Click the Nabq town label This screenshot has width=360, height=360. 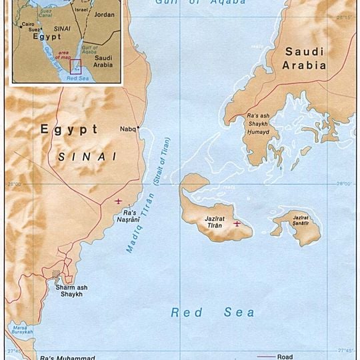[127, 129]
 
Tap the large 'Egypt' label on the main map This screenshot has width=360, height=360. [69, 129]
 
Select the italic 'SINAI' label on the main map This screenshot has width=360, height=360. [87, 157]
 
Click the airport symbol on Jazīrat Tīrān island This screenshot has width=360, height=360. [237, 223]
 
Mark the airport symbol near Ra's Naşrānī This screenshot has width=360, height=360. [119, 201]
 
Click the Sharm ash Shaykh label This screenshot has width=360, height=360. [71, 291]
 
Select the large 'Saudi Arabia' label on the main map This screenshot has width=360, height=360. [305, 59]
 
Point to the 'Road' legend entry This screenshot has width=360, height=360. [284, 356]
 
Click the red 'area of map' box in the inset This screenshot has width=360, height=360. [75, 66]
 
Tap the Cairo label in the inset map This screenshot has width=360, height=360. [28, 24]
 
